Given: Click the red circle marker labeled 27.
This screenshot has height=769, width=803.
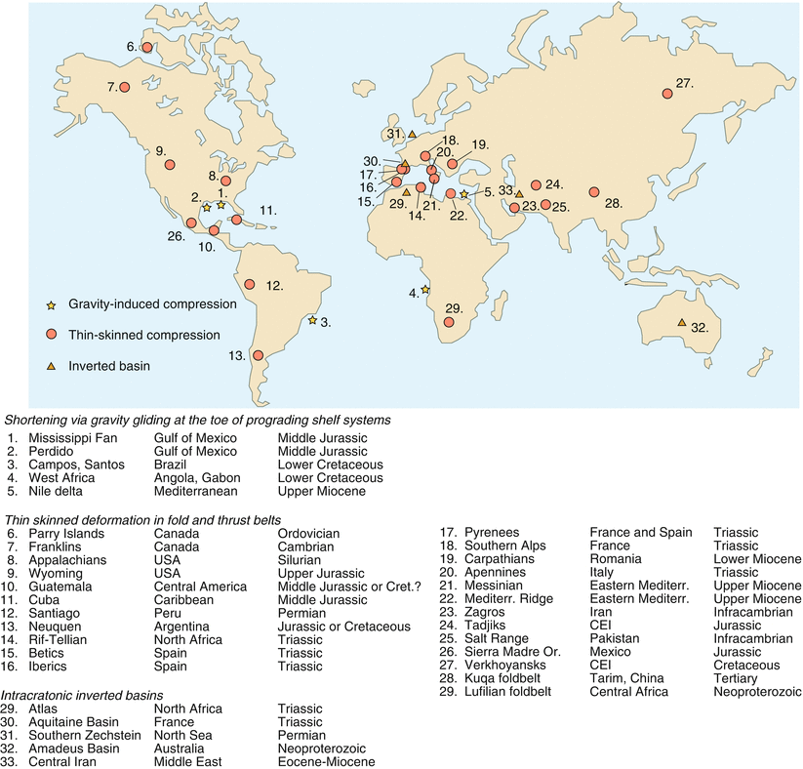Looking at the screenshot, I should [x=666, y=94].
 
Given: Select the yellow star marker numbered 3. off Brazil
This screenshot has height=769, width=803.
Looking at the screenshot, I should [x=312, y=320].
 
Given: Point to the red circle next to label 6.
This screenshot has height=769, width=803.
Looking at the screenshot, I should [x=147, y=47].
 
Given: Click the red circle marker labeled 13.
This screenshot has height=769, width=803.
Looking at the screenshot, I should [x=259, y=356].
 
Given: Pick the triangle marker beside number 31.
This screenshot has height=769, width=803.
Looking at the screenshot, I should [x=412, y=134].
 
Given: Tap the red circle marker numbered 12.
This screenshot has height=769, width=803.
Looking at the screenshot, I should [x=250, y=285].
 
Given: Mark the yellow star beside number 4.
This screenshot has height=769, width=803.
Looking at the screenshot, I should [x=425, y=290].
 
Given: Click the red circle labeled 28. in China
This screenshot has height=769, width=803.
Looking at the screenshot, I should [x=591, y=192].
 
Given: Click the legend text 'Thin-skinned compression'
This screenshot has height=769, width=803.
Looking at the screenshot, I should [x=143, y=335].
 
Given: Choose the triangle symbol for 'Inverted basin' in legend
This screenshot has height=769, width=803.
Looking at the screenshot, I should [x=53, y=364].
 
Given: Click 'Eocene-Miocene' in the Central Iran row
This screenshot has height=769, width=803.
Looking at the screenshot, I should [x=327, y=761].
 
